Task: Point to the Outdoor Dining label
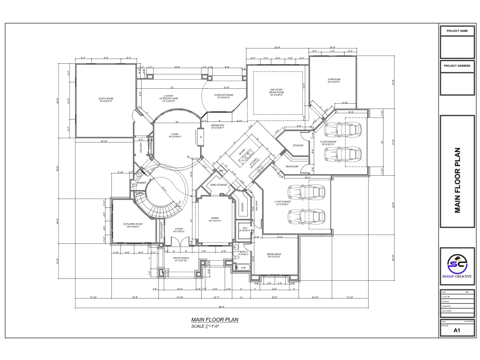click(x=224, y=96)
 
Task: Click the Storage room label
click(x=298, y=144)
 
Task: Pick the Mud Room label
click(x=292, y=166)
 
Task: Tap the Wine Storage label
click(x=218, y=184)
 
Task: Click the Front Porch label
click(x=181, y=259)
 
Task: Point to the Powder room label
click(x=141, y=183)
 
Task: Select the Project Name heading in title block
click(x=456, y=31)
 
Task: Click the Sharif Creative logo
click(x=457, y=265)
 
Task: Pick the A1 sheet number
click(x=457, y=330)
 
